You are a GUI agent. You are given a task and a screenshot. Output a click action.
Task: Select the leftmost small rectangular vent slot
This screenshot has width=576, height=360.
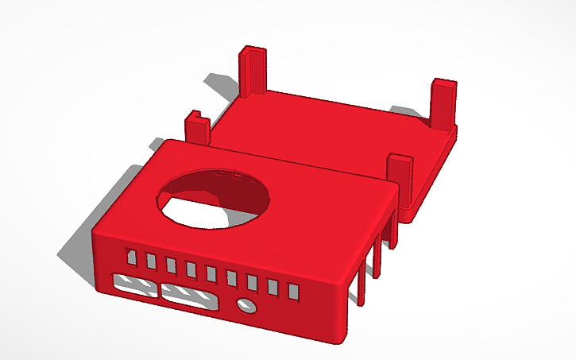click(x=130, y=257)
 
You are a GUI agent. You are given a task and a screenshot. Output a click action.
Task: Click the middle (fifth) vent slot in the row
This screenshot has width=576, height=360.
click(x=211, y=274)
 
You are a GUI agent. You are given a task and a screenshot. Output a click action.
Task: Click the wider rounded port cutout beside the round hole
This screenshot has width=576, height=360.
click(x=189, y=296)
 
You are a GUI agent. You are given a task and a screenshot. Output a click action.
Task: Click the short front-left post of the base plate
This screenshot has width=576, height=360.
click(x=196, y=129)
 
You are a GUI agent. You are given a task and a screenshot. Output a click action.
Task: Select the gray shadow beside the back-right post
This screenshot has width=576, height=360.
click(x=409, y=112)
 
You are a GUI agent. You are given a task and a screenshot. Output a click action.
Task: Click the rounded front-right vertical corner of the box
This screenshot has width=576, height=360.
click(x=345, y=310)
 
